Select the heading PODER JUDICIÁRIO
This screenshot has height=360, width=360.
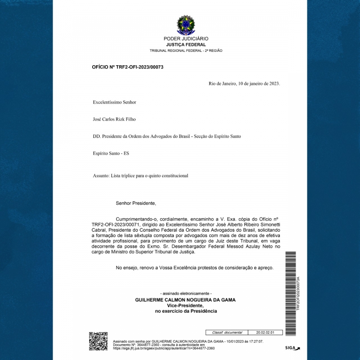pos(186,39)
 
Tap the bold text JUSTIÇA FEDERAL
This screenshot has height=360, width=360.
pos(186,45)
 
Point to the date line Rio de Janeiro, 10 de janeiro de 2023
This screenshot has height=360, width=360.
pos(244,84)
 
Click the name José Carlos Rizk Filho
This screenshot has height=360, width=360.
pos(114,119)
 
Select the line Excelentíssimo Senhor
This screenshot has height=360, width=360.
pos(114,102)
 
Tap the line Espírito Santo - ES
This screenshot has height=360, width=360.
pos(111,153)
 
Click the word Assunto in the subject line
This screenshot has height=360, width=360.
pos(100,175)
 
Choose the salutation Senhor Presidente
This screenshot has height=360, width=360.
pos(135,203)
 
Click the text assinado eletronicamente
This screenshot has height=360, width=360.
pos(186,293)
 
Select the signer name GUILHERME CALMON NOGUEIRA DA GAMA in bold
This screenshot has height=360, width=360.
pos(185,300)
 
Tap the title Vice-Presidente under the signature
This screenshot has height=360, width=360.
pos(185,305)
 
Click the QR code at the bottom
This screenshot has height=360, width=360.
pos(98,341)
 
